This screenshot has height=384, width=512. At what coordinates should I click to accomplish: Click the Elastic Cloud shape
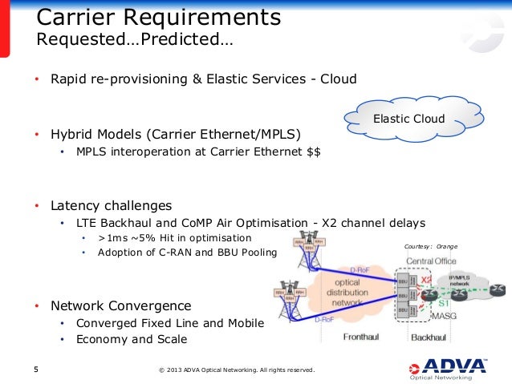click(x=408, y=119)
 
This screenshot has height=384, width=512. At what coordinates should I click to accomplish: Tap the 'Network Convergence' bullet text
click(x=121, y=305)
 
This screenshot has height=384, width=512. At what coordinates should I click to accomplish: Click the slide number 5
click(x=35, y=370)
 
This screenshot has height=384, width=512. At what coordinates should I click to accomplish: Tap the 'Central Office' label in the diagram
click(x=431, y=261)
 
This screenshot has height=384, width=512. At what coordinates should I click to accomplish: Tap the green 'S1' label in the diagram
click(x=443, y=305)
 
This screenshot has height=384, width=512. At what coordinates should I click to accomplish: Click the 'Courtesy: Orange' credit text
click(x=430, y=246)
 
